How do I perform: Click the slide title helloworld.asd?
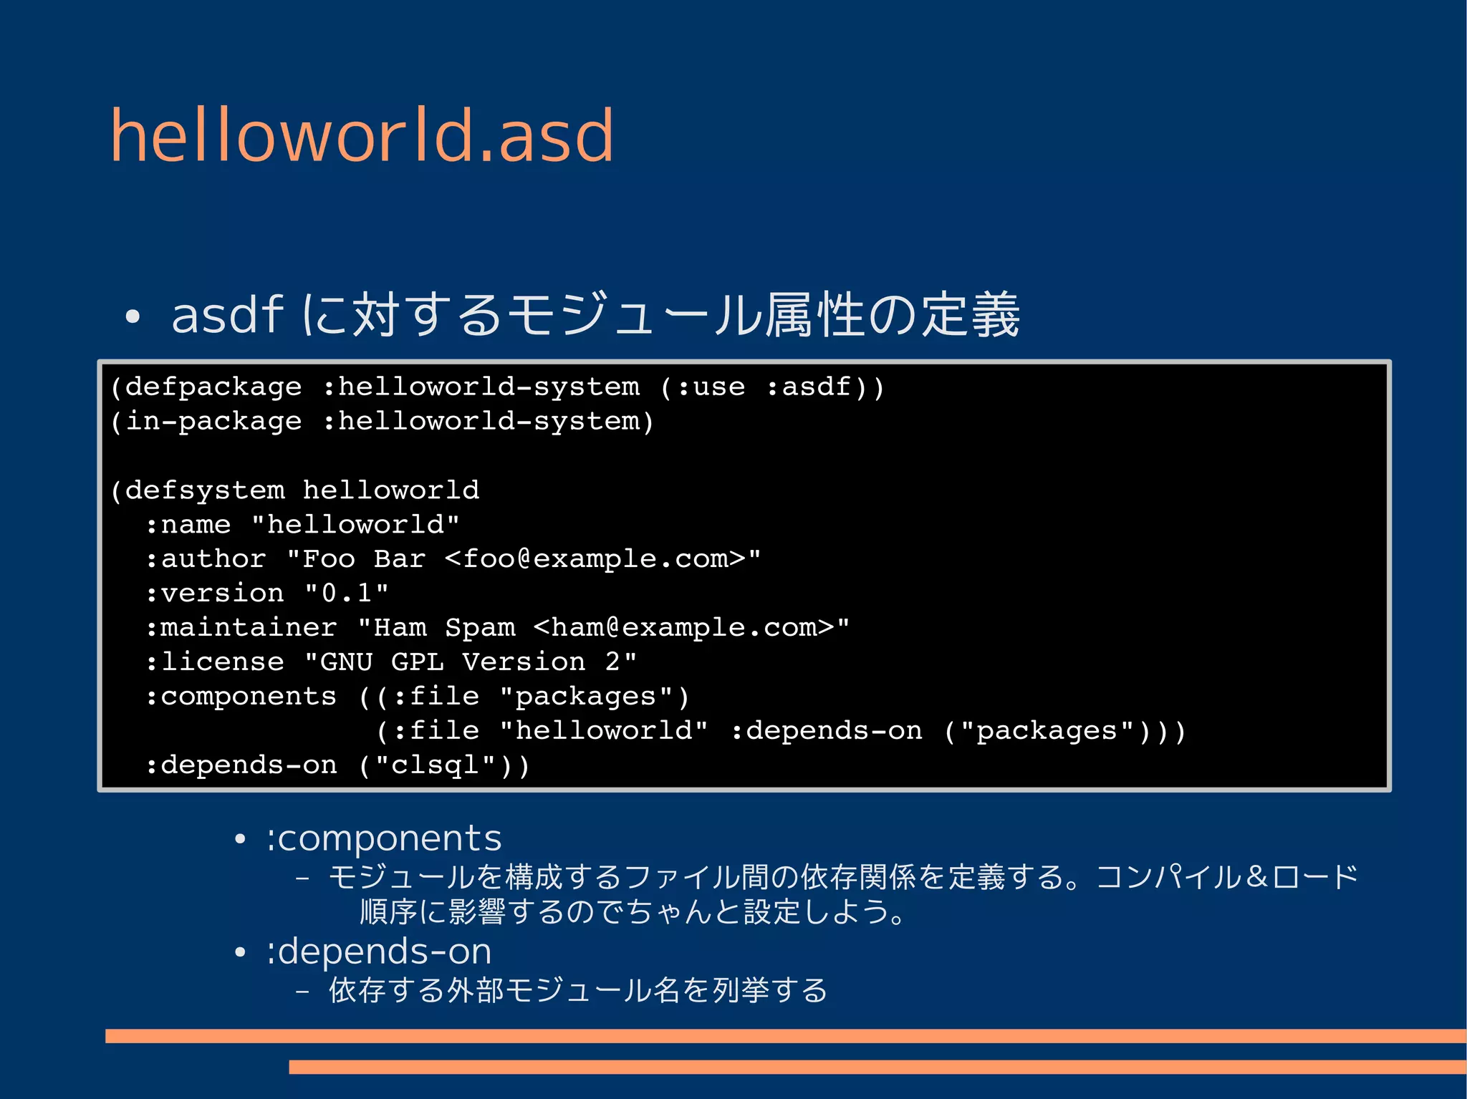tap(362, 135)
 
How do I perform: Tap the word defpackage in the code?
tap(213, 387)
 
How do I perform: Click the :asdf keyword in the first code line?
tap(809, 387)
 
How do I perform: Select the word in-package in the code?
tap(213, 422)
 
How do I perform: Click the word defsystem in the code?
tap(205, 490)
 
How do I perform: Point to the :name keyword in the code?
tap(188, 525)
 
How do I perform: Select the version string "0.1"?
tap(347, 594)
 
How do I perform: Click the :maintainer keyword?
tap(241, 628)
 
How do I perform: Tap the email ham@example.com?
tap(683, 628)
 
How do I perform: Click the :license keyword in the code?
tap(214, 662)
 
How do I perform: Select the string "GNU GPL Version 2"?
tap(471, 662)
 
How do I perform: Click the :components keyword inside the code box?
tap(241, 697)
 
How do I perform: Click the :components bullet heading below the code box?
tap(384, 838)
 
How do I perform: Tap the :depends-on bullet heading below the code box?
tap(379, 952)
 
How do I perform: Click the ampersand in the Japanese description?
tap(1257, 877)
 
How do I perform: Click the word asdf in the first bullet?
tap(227, 315)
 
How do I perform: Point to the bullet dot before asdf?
tap(132, 317)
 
